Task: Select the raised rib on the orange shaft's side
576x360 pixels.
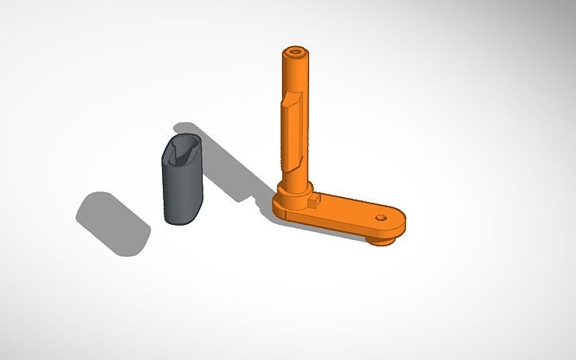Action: point(291,127)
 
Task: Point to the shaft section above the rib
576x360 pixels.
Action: point(296,75)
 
